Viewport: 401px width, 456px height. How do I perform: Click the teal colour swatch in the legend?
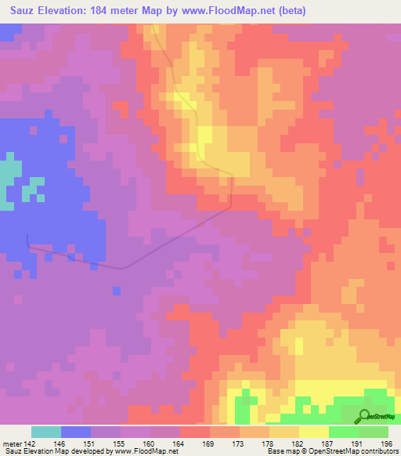coord(46,432)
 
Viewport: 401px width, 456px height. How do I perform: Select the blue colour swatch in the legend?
coord(76,432)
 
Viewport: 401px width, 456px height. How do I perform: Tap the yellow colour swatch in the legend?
coord(314,432)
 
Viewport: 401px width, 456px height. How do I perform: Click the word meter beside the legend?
coord(11,441)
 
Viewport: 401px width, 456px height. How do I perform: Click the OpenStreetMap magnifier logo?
coord(365,417)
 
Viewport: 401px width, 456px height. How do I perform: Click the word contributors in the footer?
coord(377,451)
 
